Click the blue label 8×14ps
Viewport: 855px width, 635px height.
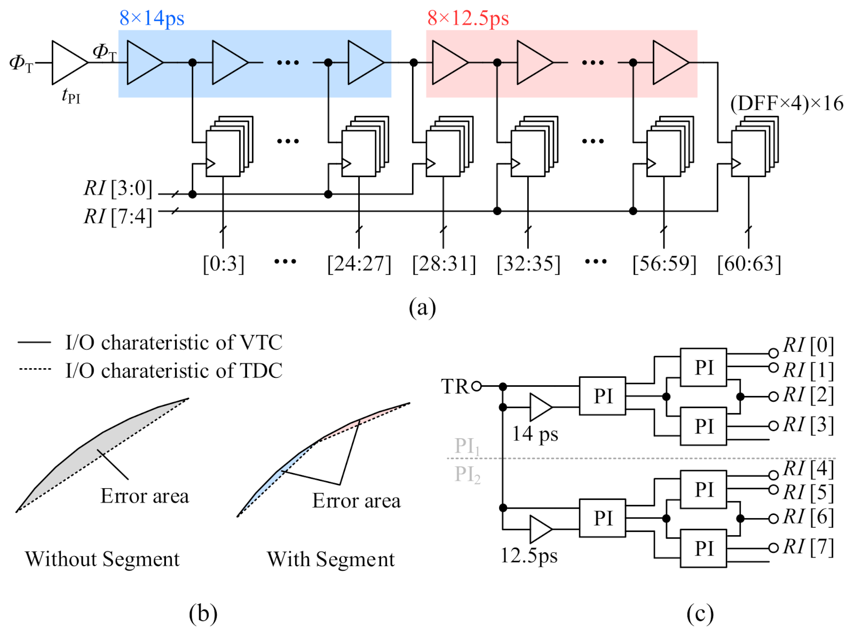point(152,19)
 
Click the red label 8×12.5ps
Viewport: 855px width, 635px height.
point(468,19)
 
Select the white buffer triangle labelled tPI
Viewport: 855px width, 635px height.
point(68,62)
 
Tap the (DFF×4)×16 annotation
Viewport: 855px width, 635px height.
point(786,104)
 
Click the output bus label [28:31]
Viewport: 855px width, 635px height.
point(444,264)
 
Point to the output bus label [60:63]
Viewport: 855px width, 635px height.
point(749,264)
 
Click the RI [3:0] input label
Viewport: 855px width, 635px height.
point(118,188)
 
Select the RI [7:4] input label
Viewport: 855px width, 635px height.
point(118,217)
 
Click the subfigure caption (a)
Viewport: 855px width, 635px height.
point(422,308)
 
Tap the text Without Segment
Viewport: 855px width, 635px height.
point(102,559)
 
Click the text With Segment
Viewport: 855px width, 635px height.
point(331,559)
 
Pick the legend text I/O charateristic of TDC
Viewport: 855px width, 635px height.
point(173,370)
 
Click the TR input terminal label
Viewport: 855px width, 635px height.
point(455,386)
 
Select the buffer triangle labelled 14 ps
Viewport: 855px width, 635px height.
point(540,407)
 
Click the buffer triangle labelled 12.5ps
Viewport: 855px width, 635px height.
point(540,529)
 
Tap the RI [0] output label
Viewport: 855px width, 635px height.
point(808,345)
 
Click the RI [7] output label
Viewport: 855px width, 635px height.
point(808,547)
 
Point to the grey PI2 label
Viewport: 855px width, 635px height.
point(468,474)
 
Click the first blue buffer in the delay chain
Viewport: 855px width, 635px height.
point(144,62)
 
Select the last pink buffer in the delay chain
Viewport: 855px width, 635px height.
point(670,62)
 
